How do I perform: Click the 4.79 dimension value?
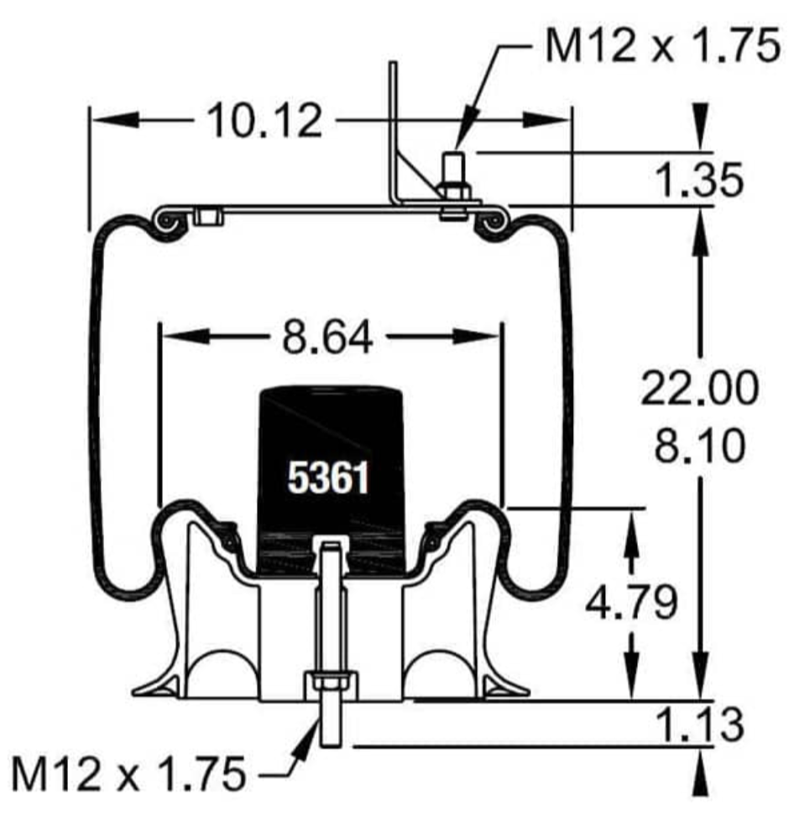coord(630,604)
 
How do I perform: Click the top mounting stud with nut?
coord(455,180)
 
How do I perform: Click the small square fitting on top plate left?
coord(206,217)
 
